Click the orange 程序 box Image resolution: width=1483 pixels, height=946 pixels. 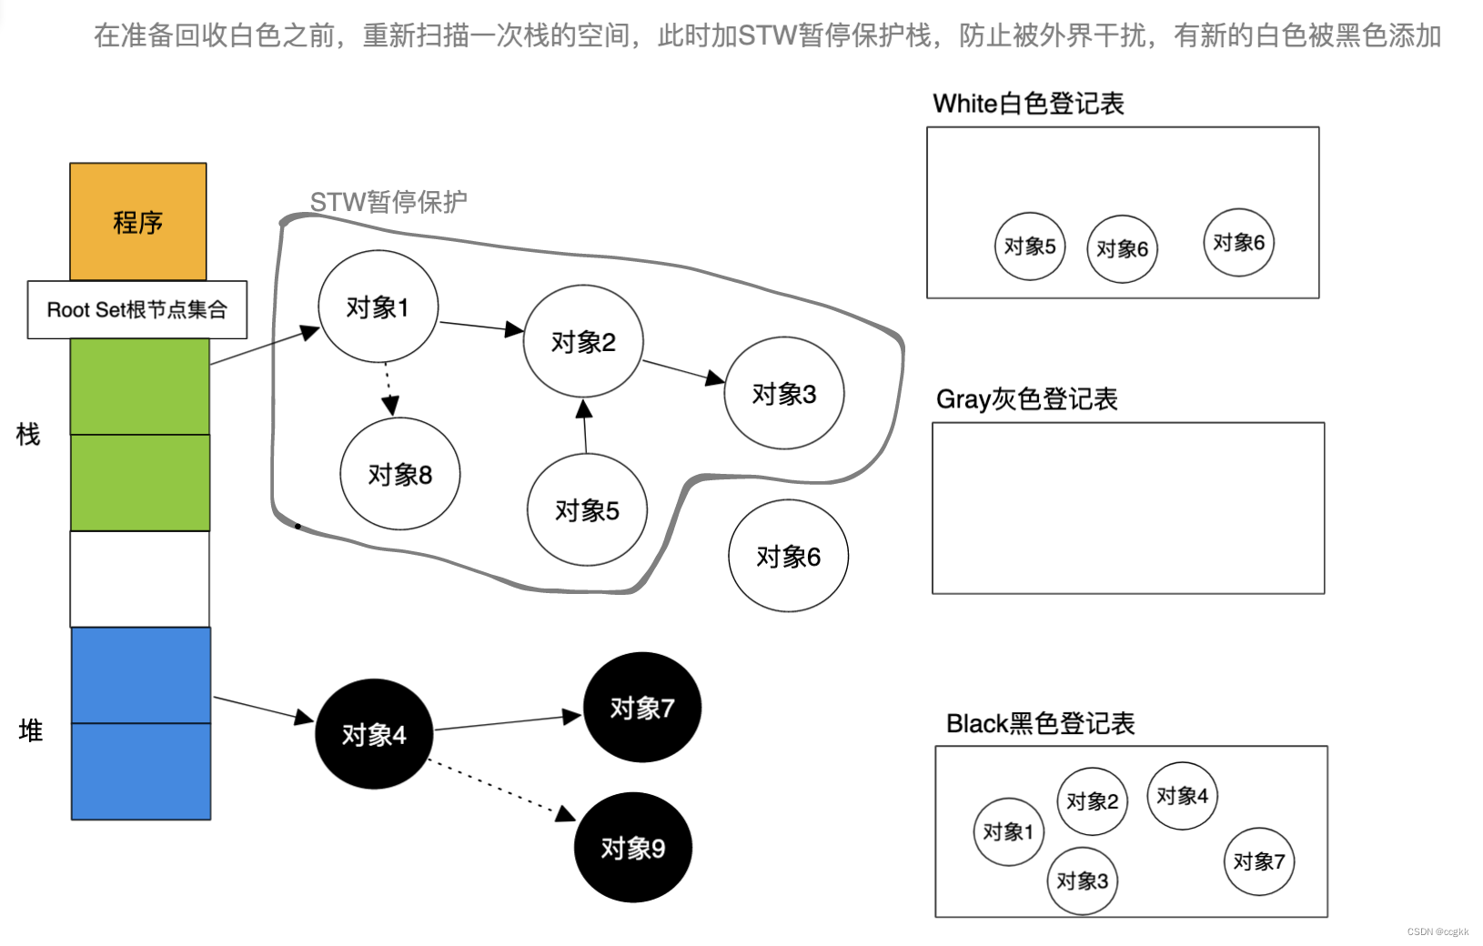pos(138,222)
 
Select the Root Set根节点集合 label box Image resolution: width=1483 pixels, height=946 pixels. pos(137,310)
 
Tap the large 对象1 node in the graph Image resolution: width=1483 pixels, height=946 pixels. pos(378,307)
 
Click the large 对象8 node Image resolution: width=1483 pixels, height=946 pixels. pos(400,474)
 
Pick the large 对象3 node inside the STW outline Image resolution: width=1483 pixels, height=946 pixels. pos(783,394)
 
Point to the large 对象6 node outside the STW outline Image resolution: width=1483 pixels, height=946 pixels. pos(788,556)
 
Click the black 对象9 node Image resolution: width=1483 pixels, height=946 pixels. pos(633,848)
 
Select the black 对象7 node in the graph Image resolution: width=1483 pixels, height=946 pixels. pos(642,708)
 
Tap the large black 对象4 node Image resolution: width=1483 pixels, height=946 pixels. pos(374,734)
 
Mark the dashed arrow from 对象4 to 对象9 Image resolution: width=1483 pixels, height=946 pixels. pos(500,789)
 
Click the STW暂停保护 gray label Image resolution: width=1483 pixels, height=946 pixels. pos(388,201)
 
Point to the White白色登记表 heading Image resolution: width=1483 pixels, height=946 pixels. pos(1028,104)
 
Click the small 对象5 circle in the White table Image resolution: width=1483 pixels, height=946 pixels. pos(1030,247)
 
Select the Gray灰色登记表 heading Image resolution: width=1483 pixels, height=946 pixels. pos(1026,399)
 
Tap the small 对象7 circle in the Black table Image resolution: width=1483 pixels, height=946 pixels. pos(1259,861)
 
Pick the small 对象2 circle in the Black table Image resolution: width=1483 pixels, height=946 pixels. pos(1092,801)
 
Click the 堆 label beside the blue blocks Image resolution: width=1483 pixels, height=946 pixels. pos(31,730)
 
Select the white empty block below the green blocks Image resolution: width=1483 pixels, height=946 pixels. pos(140,579)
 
